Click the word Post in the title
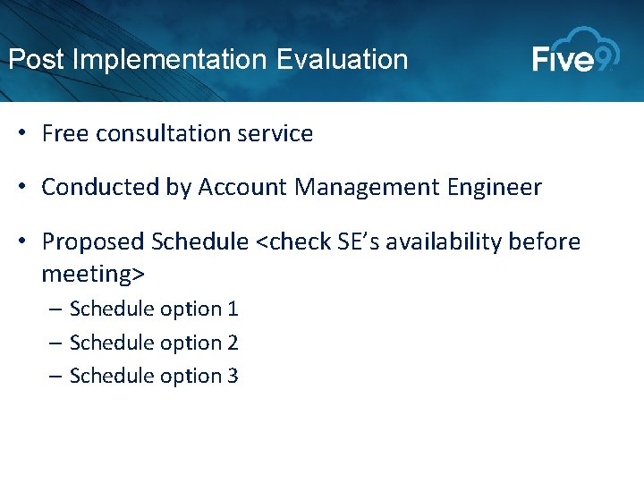click(x=36, y=60)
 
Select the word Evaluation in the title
click(x=343, y=60)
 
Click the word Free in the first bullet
click(x=64, y=134)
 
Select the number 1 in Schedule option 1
click(x=233, y=309)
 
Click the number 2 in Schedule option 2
click(x=233, y=343)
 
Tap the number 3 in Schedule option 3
click(x=233, y=376)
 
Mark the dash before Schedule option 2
click(x=56, y=343)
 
